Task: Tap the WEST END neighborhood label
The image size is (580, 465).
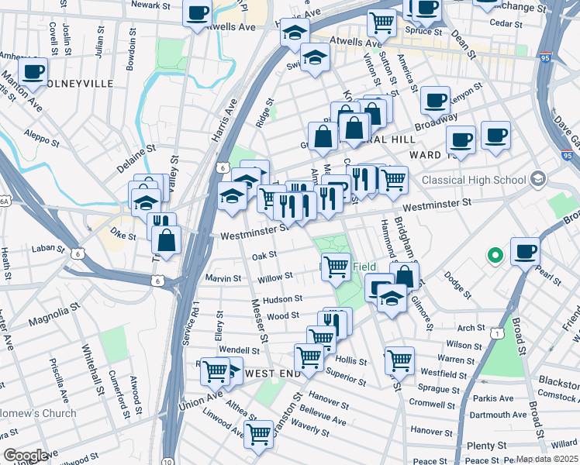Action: pos(272,374)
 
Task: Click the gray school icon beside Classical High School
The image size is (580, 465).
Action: pos(537,180)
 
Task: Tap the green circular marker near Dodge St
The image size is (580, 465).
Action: pos(492,254)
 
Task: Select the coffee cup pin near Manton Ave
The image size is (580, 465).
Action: pos(33,72)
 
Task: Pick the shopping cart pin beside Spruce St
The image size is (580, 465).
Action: pos(381,24)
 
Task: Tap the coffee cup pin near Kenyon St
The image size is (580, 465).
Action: pos(435,100)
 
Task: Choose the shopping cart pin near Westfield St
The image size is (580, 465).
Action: pos(399,360)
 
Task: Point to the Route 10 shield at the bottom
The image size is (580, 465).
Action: pos(168,461)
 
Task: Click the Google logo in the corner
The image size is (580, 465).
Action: pos(26,456)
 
